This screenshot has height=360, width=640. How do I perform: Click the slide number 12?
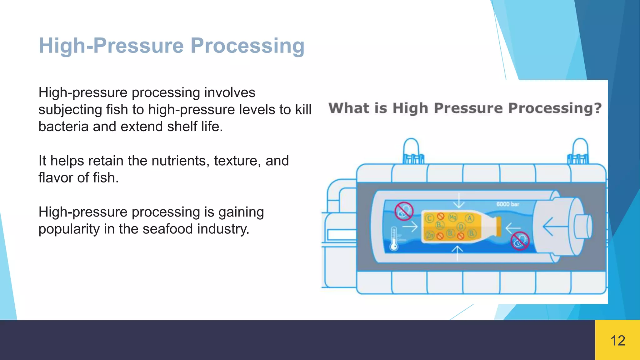617,341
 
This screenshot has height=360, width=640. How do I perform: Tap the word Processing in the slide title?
247,46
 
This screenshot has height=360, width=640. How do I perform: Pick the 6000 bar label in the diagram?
507,204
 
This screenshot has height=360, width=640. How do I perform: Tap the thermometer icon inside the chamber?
394,239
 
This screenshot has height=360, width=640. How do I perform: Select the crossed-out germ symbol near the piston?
520,241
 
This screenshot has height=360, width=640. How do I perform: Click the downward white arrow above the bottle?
458,201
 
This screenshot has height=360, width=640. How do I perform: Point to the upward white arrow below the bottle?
457,252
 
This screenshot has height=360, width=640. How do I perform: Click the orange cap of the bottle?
499,226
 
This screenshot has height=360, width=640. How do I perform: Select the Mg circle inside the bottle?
452,217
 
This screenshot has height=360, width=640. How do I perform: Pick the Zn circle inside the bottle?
430,235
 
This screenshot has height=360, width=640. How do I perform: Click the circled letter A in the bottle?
469,218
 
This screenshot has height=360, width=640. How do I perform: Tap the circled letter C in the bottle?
429,218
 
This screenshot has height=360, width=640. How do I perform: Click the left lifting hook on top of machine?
412,151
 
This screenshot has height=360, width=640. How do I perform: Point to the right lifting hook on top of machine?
580,151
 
